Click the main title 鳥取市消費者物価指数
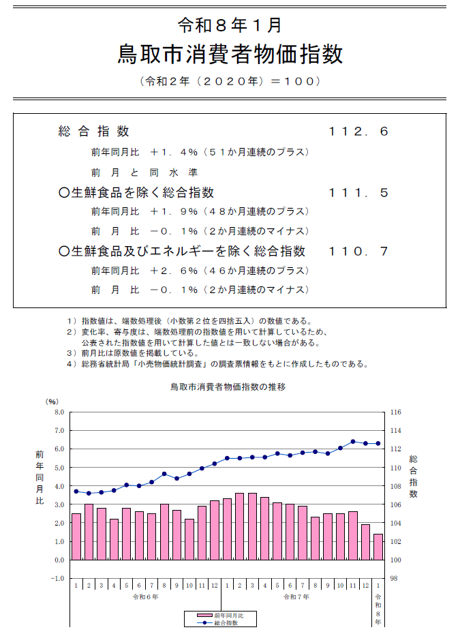(230, 54)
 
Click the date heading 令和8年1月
(230, 25)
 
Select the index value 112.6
(358, 132)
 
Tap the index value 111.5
(358, 193)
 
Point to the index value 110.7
(358, 252)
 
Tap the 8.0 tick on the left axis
(59, 412)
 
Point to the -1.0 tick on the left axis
(57, 578)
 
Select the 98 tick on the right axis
(395, 578)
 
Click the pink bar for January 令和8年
(378, 547)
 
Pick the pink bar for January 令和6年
(76, 537)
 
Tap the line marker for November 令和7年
(353, 442)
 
